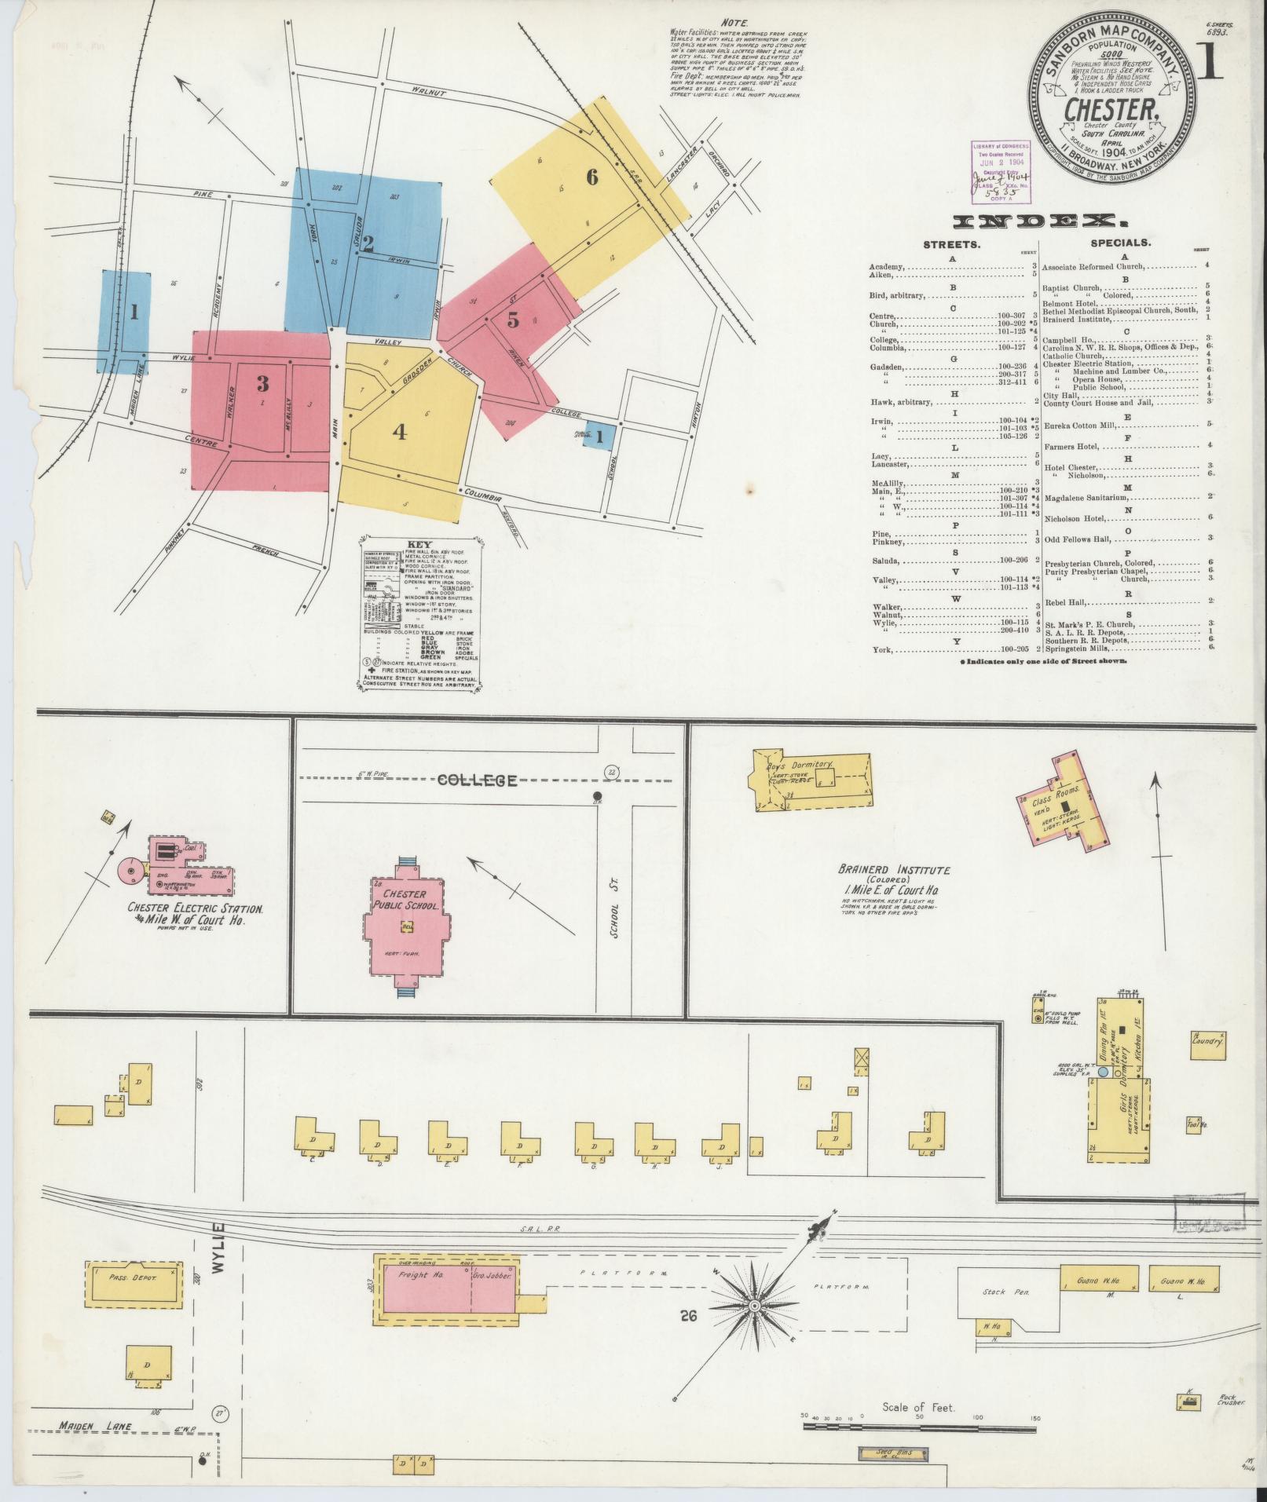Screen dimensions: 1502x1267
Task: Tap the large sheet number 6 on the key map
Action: click(x=591, y=178)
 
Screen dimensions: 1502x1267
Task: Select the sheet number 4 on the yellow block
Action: click(x=400, y=432)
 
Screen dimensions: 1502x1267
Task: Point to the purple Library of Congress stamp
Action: click(x=994, y=169)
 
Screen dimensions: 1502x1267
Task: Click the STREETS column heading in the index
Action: click(x=950, y=244)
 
